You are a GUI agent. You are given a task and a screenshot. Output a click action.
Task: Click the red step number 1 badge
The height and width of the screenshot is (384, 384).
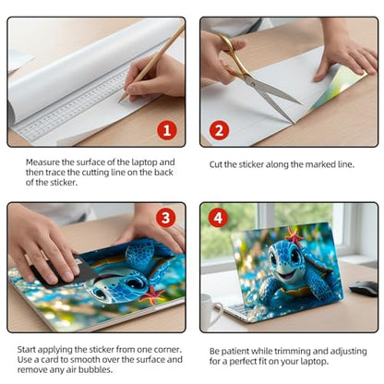click(x=167, y=130)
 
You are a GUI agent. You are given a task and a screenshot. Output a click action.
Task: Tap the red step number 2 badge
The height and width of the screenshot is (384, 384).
click(x=219, y=130)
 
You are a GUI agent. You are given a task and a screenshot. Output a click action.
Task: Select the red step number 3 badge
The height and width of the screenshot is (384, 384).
click(x=165, y=218)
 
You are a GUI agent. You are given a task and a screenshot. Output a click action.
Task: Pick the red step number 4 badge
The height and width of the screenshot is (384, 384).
click(x=218, y=218)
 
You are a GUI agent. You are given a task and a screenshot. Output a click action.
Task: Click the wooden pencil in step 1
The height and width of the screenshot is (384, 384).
click(x=150, y=64)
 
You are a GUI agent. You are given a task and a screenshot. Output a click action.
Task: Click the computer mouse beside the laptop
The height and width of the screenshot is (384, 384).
click(x=364, y=288)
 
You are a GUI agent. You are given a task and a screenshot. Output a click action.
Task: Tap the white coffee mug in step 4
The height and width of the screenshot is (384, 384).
click(x=210, y=311)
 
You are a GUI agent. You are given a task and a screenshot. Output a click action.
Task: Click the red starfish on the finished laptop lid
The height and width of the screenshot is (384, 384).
click(x=294, y=237)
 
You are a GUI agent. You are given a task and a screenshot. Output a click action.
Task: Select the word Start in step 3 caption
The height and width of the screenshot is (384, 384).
click(x=27, y=350)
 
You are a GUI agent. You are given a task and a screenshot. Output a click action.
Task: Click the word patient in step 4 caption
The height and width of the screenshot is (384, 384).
click(x=235, y=352)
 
